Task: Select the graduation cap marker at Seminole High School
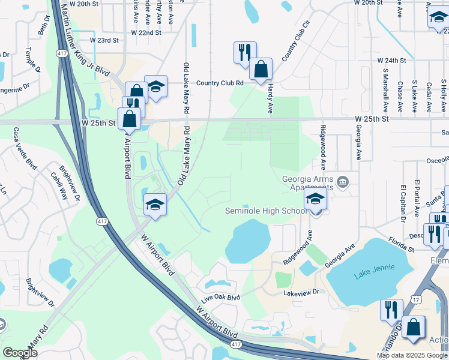click(315, 201)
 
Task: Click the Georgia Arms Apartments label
click(307, 183)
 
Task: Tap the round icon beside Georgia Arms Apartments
click(342, 182)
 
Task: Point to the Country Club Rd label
click(219, 83)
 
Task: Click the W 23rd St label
click(104, 40)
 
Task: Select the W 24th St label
click(392, 61)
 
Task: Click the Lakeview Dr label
click(303, 293)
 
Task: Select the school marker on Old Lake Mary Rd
click(155, 204)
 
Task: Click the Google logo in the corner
click(20, 353)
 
